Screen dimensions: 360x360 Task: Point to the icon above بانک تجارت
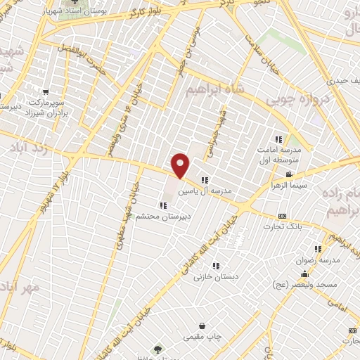(283, 215)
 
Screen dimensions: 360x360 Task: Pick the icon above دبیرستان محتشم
(163, 205)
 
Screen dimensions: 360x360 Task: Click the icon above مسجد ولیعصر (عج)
(304, 274)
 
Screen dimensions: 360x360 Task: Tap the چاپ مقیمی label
(202, 337)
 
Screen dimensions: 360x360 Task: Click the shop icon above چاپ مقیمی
(202, 326)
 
